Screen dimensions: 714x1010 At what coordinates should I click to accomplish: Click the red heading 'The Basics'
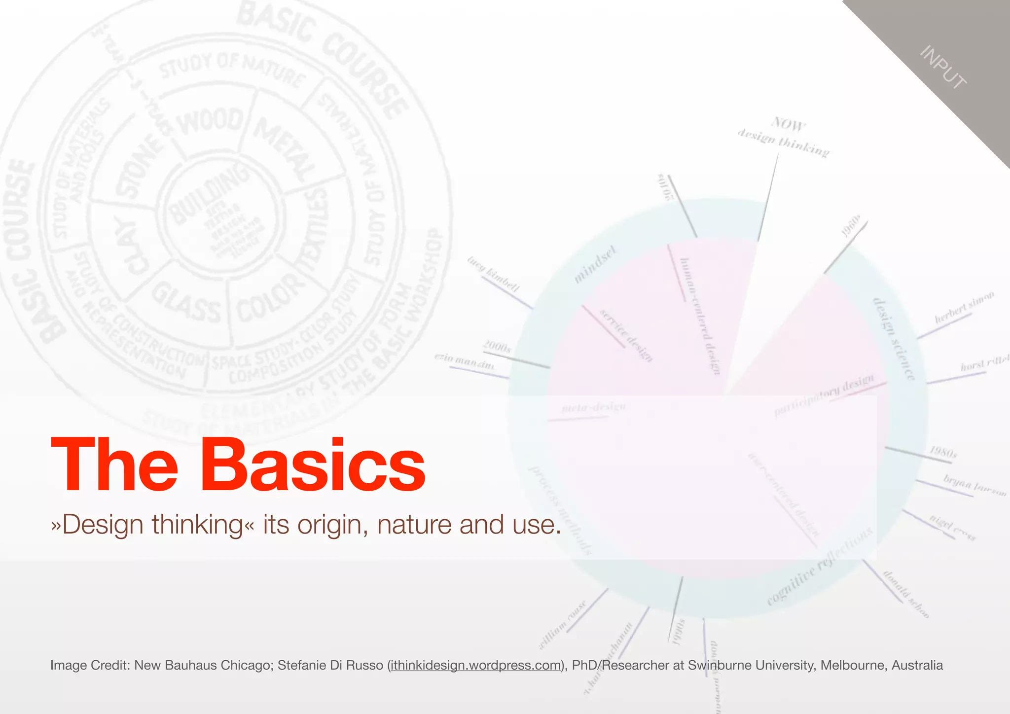click(238, 465)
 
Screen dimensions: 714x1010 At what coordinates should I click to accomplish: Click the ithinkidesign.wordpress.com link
click(475, 666)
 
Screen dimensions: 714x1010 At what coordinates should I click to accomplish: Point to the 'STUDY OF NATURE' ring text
click(232, 69)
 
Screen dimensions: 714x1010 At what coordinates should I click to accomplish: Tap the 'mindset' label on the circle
click(595, 265)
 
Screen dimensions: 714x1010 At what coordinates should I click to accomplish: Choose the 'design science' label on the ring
click(894, 339)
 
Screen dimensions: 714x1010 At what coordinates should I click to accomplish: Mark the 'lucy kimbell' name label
click(494, 274)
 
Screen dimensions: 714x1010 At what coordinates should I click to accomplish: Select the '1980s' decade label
click(943, 452)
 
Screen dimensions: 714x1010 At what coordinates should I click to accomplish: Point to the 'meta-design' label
click(594, 408)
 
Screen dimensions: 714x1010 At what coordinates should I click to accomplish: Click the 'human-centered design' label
click(700, 316)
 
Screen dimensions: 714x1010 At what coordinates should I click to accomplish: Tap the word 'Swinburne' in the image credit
click(714, 666)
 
